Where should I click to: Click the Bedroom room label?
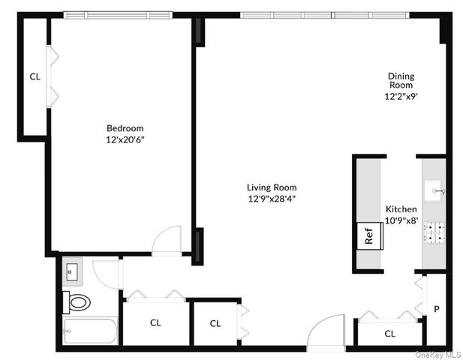pyautogui.click(x=125, y=128)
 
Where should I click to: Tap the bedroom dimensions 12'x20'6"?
pyautogui.click(x=125, y=139)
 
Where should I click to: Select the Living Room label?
pyautogui.click(x=272, y=187)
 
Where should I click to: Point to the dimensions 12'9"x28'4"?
pyautogui.click(x=272, y=199)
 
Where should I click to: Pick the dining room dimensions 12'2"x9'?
pyautogui.click(x=401, y=96)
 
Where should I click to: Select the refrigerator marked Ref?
pyautogui.click(x=369, y=235)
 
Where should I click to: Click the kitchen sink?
pyautogui.click(x=434, y=191)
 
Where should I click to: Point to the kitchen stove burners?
pyautogui.click(x=434, y=235)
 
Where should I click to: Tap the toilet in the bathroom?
pyautogui.click(x=78, y=303)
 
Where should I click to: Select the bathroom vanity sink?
pyautogui.click(x=74, y=271)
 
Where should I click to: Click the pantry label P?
pyautogui.click(x=437, y=309)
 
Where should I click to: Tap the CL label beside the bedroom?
pyautogui.click(x=35, y=76)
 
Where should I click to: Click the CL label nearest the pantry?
pyautogui.click(x=389, y=334)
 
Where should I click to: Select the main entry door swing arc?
pyautogui.click(x=328, y=330)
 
